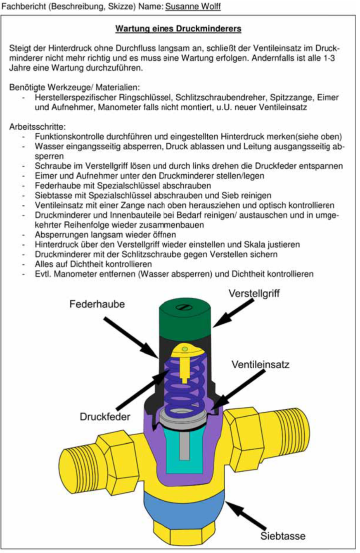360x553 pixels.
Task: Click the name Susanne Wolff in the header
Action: click(x=193, y=7)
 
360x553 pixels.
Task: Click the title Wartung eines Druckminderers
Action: click(x=178, y=28)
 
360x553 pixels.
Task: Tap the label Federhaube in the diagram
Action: click(x=97, y=304)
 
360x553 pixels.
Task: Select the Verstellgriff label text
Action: click(x=254, y=293)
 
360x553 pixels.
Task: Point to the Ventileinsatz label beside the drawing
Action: click(x=261, y=364)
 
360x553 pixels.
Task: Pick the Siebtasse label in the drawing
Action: click(x=283, y=536)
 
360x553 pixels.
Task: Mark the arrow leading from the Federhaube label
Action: click(x=131, y=338)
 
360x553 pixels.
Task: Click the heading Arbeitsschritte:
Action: click(x=38, y=127)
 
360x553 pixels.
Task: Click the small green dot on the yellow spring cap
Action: click(x=185, y=349)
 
